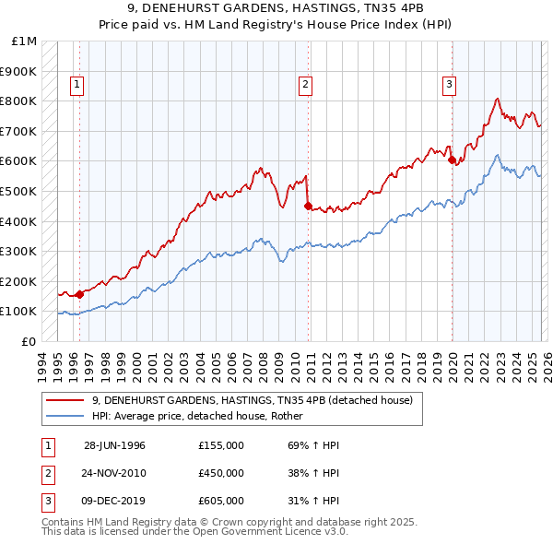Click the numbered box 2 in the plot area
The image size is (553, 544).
coord(305,85)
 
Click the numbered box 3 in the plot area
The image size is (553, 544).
coord(450,85)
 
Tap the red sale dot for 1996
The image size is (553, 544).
coord(80,294)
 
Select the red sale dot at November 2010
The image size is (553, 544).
coord(308,206)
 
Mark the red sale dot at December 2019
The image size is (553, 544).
coord(453,160)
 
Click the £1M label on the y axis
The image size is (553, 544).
coord(24,41)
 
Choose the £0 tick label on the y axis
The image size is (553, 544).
coord(29,341)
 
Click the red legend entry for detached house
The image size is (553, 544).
coord(257,400)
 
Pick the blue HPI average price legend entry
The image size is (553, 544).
coord(204,416)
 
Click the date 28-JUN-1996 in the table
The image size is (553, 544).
coord(115,444)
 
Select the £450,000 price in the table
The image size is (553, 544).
coord(220,473)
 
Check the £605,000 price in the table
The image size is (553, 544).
coord(220,502)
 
